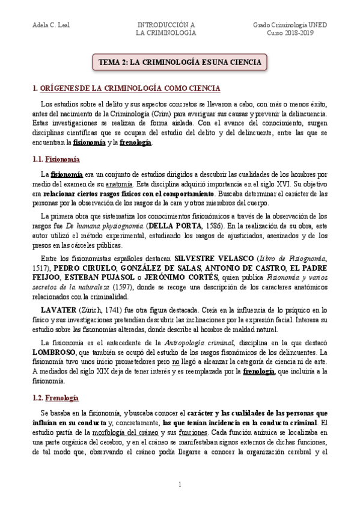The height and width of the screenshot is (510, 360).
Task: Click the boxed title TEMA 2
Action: (180, 62)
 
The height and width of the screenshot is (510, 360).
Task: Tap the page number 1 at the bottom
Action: (179, 485)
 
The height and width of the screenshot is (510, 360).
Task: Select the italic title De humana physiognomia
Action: (99, 226)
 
